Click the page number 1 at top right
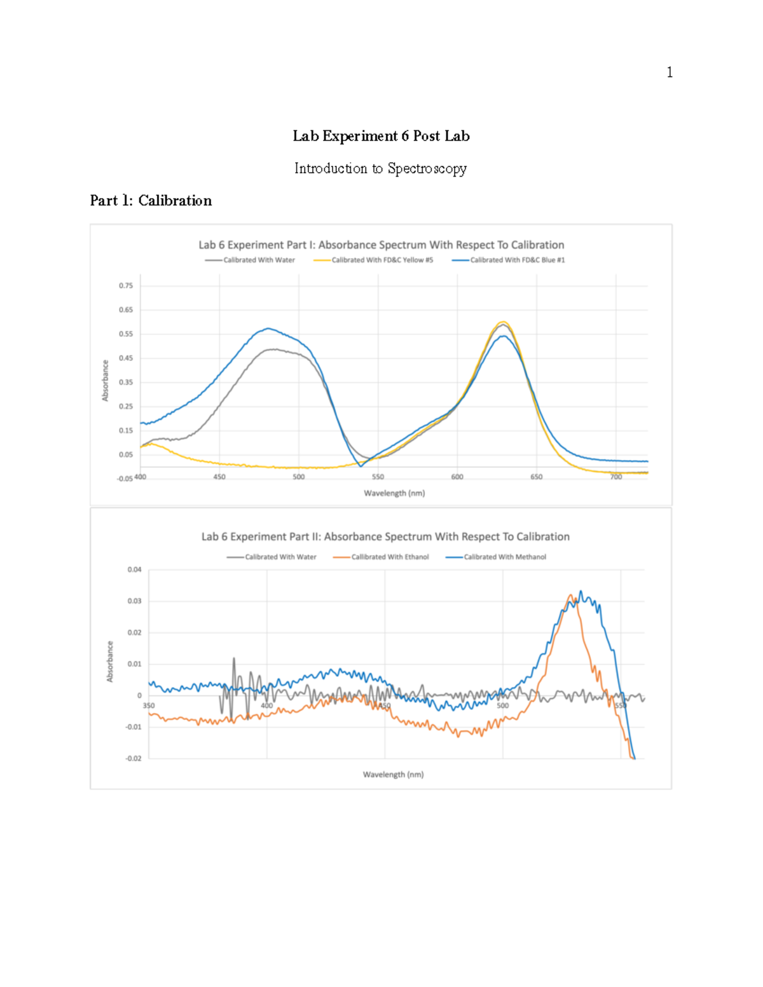[669, 72]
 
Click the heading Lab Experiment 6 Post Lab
[381, 136]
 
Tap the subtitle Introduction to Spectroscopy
[380, 168]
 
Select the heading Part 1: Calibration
[151, 201]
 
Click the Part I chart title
[381, 245]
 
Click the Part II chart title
[385, 536]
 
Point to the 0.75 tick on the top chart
[126, 286]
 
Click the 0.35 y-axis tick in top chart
[126, 383]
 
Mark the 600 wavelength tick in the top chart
[457, 477]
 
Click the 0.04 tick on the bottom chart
[134, 570]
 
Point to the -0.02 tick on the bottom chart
[133, 758]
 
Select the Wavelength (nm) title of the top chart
[394, 493]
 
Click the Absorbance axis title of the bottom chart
[109, 662]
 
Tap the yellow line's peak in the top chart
[504, 322]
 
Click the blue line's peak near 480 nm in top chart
[269, 329]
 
